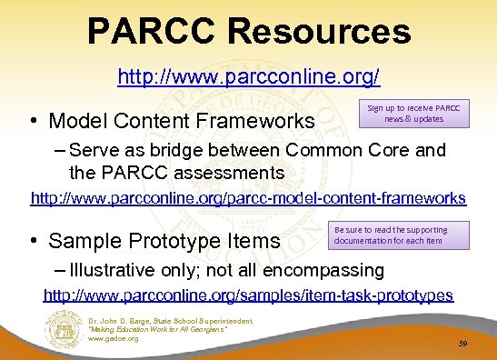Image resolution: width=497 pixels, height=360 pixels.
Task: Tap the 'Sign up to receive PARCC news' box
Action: tap(414, 114)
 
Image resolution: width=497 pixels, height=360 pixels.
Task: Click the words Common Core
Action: tap(353, 151)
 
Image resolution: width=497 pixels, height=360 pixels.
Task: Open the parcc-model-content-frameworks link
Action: tap(248, 197)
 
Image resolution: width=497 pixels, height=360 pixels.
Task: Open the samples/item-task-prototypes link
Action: tap(248, 295)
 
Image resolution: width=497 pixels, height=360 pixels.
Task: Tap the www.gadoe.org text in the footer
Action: tap(114, 338)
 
